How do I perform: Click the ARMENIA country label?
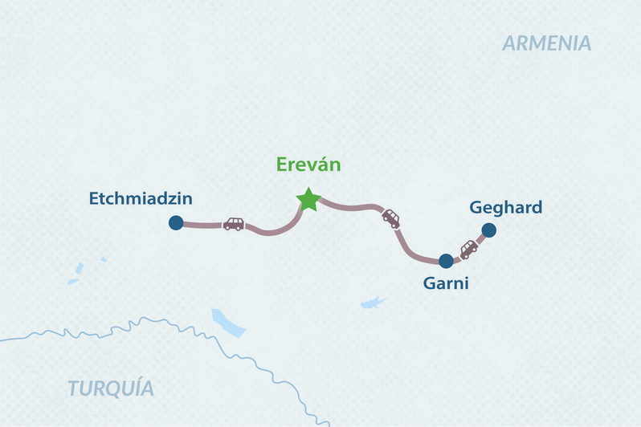pos(547,43)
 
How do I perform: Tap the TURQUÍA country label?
pos(111,388)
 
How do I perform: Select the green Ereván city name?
pos(308,165)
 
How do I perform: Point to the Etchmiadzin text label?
pos(141,197)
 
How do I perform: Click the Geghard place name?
pos(505,208)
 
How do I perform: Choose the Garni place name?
pos(445,283)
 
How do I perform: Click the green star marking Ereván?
pos(308,199)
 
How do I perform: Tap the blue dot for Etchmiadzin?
pos(175,224)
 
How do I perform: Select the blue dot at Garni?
pos(446,261)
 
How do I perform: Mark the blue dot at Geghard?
pos(488,231)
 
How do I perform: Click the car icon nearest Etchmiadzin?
pos(233,224)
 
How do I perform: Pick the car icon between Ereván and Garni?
pos(390,218)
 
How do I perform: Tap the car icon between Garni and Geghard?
pos(468,248)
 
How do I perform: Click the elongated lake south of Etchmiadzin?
pos(227,321)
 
